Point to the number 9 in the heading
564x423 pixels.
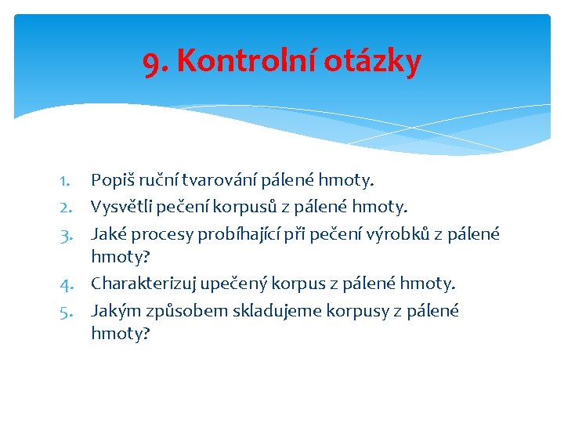coord(154,61)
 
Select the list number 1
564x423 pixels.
coord(66,181)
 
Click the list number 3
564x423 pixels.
coord(66,234)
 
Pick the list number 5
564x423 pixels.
coord(66,311)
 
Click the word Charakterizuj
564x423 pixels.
coord(143,284)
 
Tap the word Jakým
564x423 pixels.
coord(113,311)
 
